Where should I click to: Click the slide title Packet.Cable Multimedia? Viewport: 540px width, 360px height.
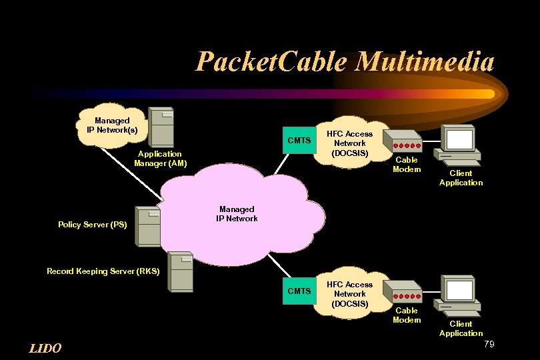point(345,62)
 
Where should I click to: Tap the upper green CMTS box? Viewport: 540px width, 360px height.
point(299,140)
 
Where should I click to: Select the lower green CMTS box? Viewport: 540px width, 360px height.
point(299,291)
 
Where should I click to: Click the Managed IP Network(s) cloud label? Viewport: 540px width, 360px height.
point(112,125)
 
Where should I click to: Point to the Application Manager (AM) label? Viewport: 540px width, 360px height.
point(160,159)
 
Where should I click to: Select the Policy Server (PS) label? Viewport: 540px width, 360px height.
point(93,225)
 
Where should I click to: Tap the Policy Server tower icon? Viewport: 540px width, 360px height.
point(148,225)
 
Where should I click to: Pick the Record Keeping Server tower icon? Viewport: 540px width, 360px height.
point(180,272)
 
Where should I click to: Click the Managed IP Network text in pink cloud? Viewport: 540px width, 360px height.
point(237,214)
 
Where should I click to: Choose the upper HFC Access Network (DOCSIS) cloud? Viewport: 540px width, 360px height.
point(350,143)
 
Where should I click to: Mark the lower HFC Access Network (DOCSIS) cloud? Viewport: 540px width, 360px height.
point(350,294)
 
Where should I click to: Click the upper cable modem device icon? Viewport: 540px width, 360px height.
point(406,145)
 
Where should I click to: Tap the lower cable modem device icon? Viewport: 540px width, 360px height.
point(406,295)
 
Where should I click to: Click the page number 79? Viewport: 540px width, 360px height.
point(489,344)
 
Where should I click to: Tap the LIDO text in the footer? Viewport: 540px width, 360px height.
point(45,348)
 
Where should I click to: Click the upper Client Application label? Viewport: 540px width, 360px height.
point(461,178)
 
